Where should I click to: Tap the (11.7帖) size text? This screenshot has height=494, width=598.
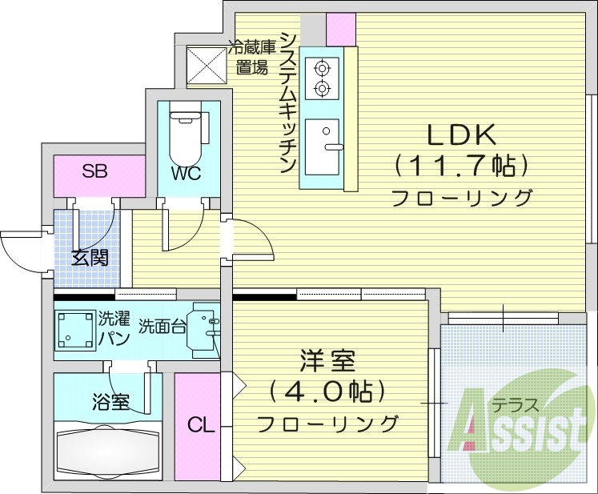(x=462, y=166)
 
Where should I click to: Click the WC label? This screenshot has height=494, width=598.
(x=184, y=174)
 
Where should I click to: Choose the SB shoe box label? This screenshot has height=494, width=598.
(x=94, y=171)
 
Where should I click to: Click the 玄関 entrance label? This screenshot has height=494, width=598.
(x=89, y=258)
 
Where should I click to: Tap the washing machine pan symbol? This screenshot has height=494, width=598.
(x=74, y=328)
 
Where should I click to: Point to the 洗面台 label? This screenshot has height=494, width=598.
(x=162, y=326)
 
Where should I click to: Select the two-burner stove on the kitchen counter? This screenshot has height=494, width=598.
(x=323, y=78)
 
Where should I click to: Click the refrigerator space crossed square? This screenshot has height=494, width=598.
(x=206, y=65)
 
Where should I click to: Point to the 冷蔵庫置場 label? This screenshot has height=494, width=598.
(x=251, y=57)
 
